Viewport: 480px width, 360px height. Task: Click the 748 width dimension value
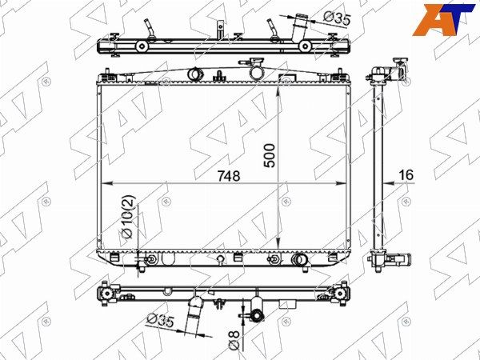coord(229,176)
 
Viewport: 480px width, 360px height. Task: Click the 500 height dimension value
coord(270,155)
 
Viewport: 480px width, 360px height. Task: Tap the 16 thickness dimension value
coord(406,175)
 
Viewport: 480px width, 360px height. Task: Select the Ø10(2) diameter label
coord(128,217)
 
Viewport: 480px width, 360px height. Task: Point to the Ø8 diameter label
coord(234,341)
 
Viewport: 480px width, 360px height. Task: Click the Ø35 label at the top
coord(337,18)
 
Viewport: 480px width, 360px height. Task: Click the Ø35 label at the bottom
coord(161,321)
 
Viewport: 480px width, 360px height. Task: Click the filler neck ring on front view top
coord(257,72)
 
